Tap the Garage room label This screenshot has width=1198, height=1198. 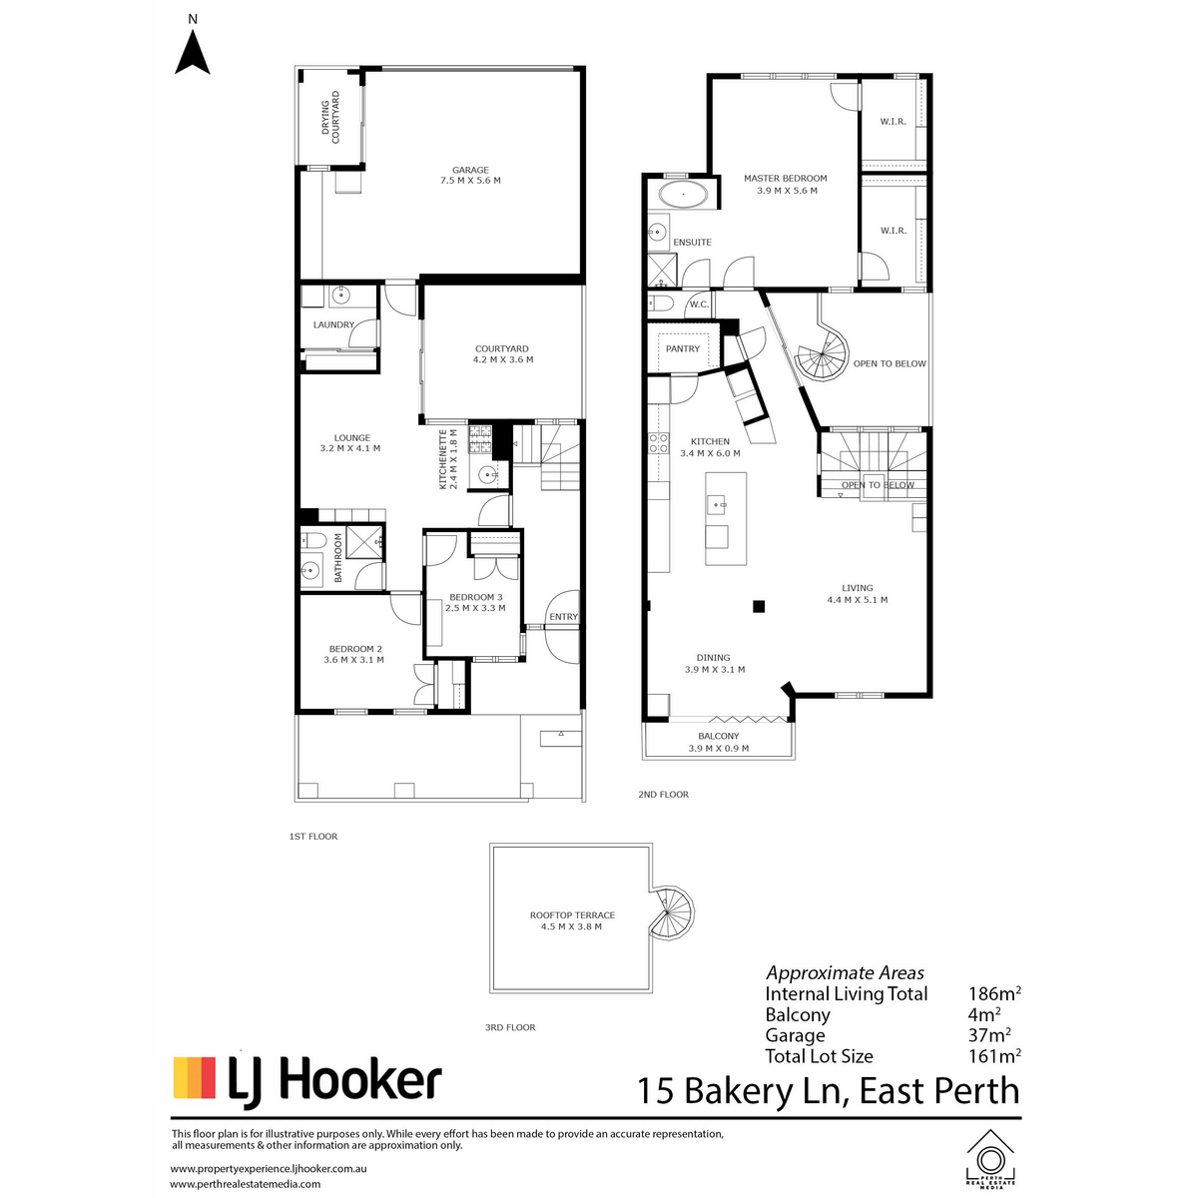[x=470, y=170]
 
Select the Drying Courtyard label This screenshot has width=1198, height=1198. [x=330, y=118]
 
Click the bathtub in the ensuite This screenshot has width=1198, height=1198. [x=683, y=195]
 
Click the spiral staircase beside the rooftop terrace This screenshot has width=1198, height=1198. [x=670, y=912]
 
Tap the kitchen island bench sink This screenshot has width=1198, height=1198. [x=717, y=504]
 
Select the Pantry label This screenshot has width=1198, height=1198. [x=683, y=348]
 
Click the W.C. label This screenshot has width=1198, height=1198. [x=699, y=304]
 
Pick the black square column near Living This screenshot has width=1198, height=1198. [x=758, y=606]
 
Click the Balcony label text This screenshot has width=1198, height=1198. [x=718, y=736]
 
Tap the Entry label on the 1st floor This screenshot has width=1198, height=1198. [x=563, y=617]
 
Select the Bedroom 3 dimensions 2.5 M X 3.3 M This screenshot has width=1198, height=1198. [x=475, y=608]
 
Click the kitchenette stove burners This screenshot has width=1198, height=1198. [x=480, y=438]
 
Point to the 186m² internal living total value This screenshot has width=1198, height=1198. [x=994, y=993]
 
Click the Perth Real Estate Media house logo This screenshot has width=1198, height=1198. [x=990, y=1158]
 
